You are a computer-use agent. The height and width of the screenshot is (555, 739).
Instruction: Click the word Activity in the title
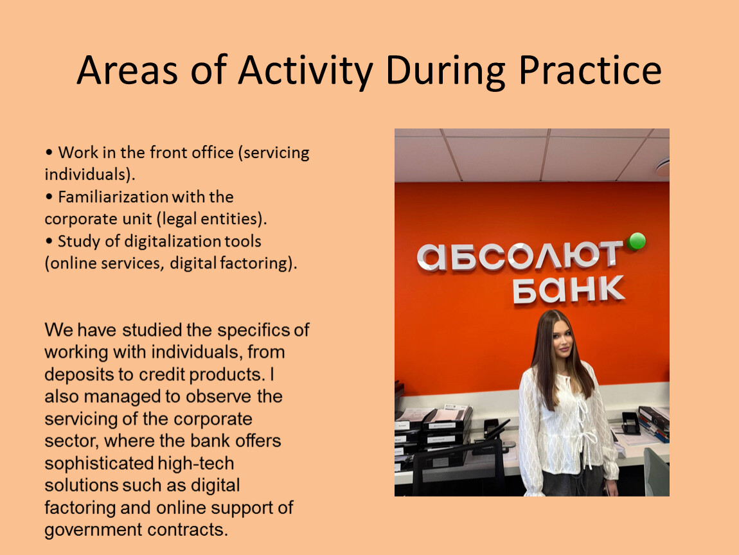pyautogui.click(x=305, y=71)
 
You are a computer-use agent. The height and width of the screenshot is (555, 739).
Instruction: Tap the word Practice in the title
pyautogui.click(x=590, y=70)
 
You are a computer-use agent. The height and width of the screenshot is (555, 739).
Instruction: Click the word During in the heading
pyautogui.click(x=446, y=71)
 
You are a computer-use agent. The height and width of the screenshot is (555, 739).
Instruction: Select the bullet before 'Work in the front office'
pyautogui.click(x=49, y=153)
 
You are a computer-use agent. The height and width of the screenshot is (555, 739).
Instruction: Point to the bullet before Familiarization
pyautogui.click(x=49, y=197)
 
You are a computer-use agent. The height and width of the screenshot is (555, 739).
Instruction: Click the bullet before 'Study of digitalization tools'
pyautogui.click(x=49, y=242)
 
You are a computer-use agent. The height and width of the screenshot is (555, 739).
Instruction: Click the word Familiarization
pyautogui.click(x=114, y=197)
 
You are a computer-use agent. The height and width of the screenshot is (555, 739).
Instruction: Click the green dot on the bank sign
pyautogui.click(x=637, y=242)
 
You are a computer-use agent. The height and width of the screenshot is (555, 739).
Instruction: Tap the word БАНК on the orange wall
pyautogui.click(x=569, y=289)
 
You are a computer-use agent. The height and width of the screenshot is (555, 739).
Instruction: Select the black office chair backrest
pyautogui.click(x=457, y=466)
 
